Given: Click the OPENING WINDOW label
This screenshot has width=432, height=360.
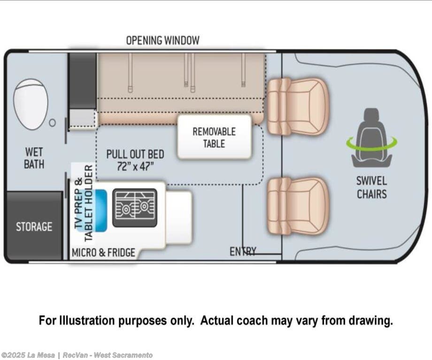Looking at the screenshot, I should (162, 40).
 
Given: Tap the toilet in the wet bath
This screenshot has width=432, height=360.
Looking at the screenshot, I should (31, 104).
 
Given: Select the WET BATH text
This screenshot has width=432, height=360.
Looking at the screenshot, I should (34, 158).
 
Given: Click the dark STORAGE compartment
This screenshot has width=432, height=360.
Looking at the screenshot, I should (34, 226).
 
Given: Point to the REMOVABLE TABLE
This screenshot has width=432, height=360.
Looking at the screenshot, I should (214, 138).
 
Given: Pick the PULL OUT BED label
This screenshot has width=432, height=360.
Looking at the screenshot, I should (135, 154).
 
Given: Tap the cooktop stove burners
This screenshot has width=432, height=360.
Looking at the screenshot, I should (135, 208).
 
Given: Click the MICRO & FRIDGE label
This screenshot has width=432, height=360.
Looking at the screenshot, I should (103, 253).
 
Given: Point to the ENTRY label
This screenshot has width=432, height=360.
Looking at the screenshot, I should (242, 252).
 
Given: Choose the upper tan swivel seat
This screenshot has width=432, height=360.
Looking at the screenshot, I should (297, 106).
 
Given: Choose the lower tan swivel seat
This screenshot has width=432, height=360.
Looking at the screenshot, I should (297, 206).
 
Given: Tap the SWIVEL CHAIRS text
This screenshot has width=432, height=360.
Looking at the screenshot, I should (371, 187).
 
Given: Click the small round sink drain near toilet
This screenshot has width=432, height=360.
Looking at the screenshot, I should (53, 123).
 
